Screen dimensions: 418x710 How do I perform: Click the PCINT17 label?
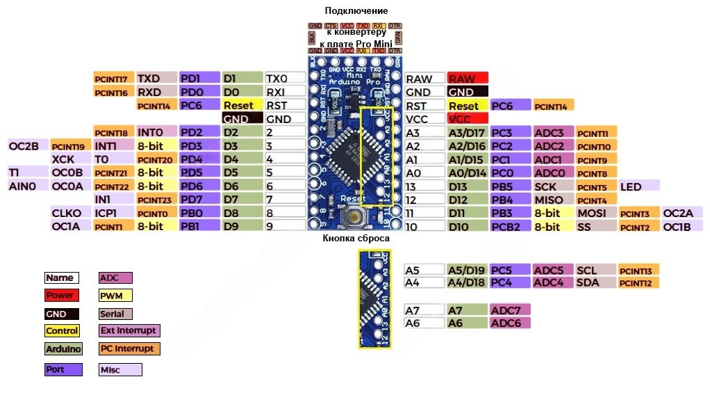point(113,79)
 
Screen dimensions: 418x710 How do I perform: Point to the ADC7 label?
point(510,310)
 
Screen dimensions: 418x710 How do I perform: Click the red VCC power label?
point(468,119)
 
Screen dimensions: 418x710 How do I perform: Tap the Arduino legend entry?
point(63,348)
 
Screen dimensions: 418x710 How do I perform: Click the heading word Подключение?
point(356,11)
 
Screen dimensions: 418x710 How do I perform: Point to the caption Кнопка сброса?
point(356,239)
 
